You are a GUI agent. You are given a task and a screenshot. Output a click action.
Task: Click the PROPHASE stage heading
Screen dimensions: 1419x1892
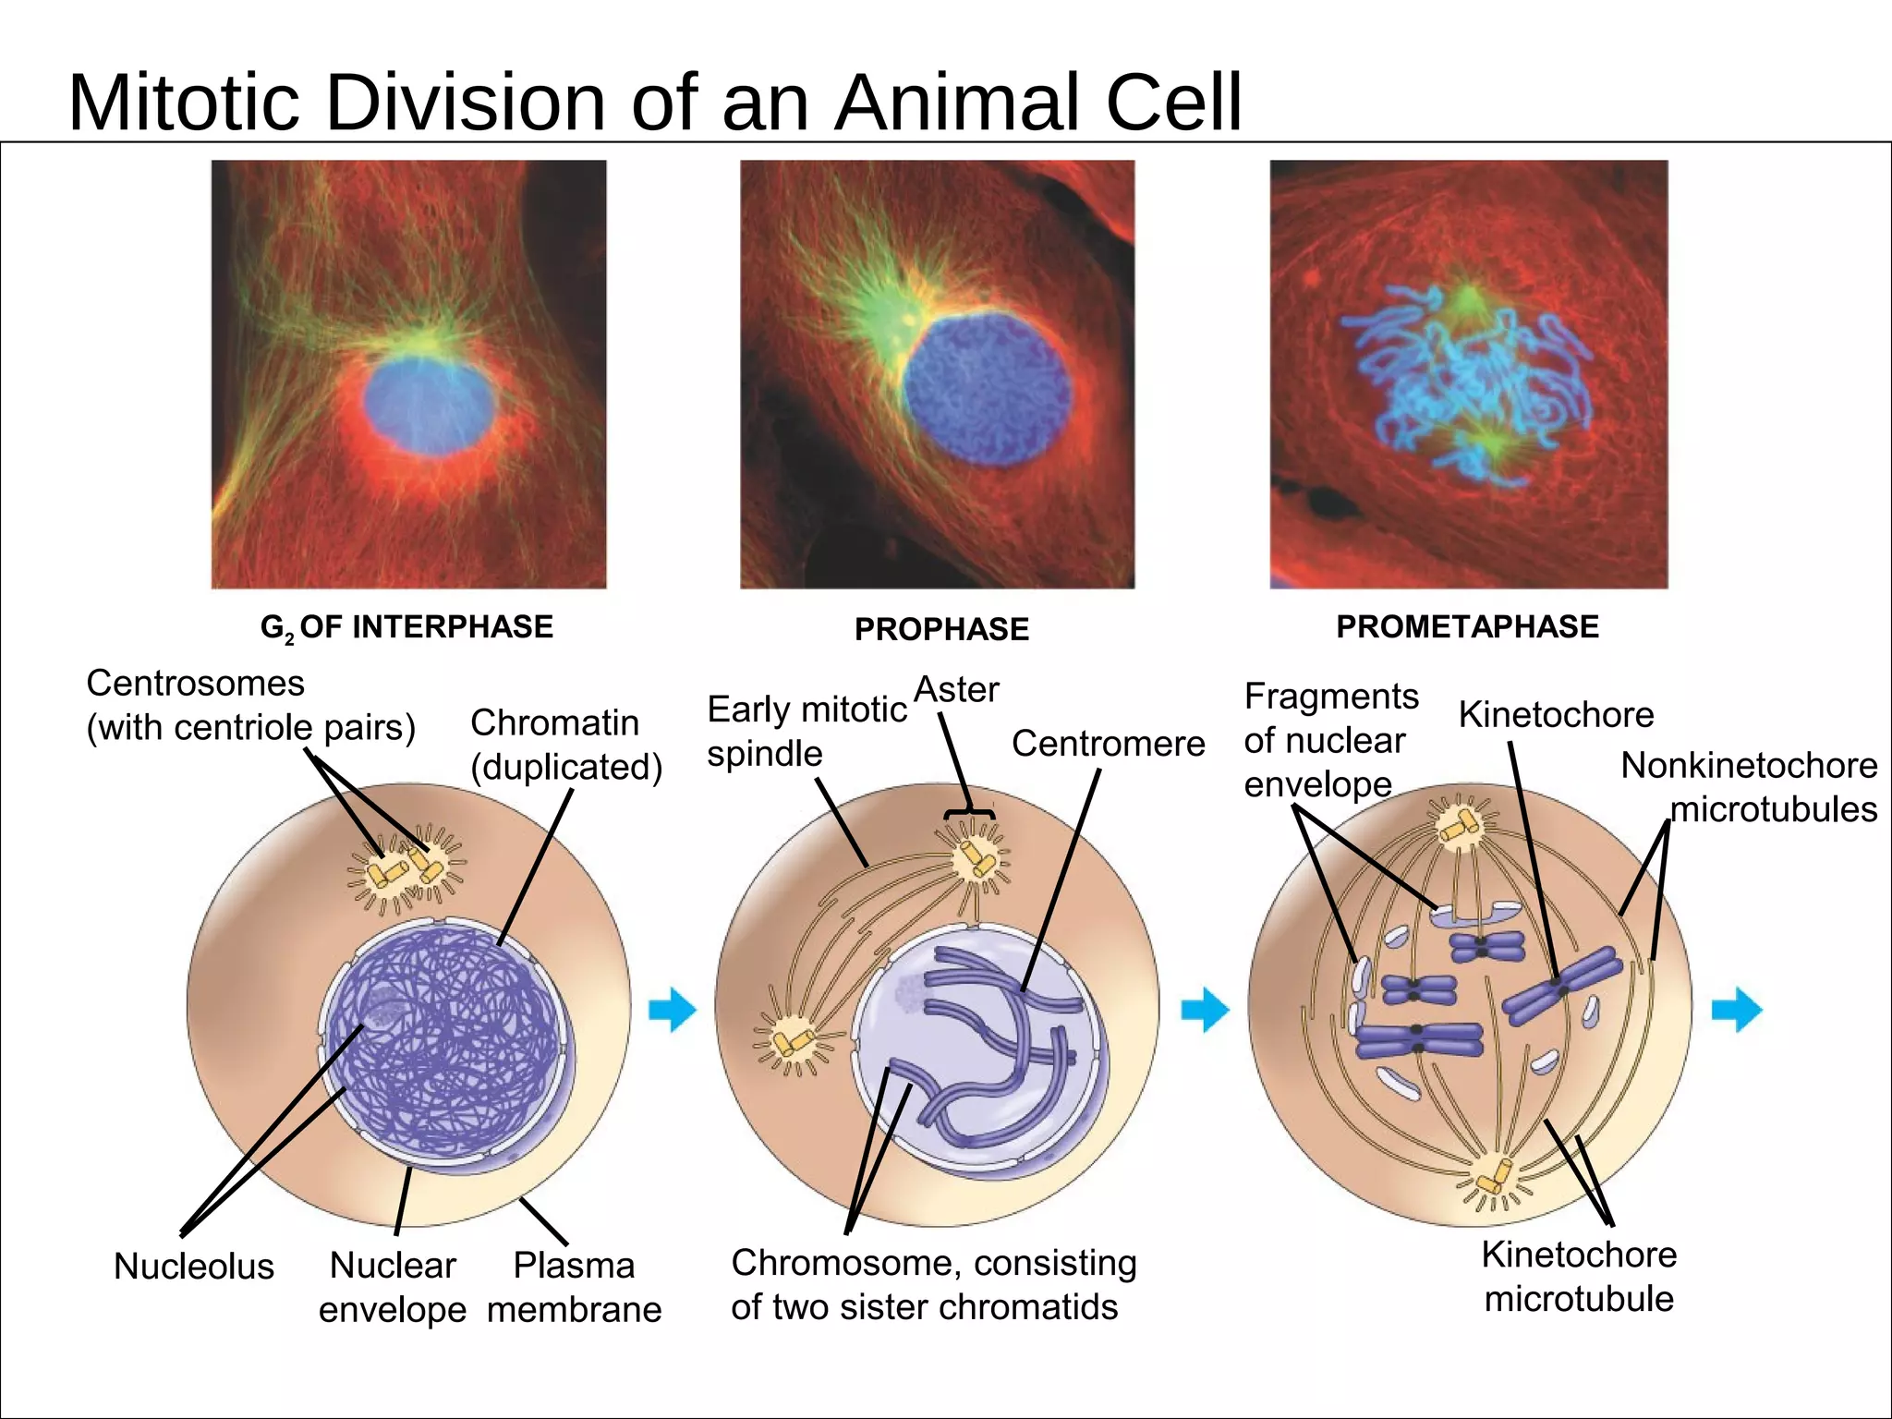coord(941,629)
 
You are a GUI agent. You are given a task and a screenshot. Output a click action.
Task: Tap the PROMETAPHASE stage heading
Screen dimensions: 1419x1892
coord(1467,626)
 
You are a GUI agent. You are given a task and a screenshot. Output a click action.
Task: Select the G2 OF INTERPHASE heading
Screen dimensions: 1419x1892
coord(406,627)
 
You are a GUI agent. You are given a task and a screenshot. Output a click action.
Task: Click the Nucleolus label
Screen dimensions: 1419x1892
coord(194,1266)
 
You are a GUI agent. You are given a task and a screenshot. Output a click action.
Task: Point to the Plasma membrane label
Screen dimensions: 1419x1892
coord(574,1287)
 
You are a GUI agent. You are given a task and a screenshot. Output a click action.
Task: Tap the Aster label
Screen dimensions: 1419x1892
coord(956,690)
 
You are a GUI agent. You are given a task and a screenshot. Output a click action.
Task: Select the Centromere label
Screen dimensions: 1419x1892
coord(1108,744)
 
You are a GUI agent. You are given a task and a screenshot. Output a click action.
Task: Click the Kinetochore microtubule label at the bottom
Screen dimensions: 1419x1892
coord(1579,1277)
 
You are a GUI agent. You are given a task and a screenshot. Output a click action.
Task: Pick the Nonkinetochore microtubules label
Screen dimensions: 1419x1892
coord(1749,787)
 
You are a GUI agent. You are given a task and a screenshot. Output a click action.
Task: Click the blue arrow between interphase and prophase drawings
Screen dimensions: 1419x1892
coord(672,1010)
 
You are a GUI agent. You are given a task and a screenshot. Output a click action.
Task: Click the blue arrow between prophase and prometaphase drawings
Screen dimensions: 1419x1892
coord(1205,1010)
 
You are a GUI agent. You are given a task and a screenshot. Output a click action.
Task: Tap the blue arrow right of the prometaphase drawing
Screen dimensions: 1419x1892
coord(1737,1010)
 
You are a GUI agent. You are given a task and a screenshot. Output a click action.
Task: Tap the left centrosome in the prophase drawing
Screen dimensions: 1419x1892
coord(793,1042)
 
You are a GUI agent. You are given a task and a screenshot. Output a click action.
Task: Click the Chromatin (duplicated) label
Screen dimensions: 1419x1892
coord(565,745)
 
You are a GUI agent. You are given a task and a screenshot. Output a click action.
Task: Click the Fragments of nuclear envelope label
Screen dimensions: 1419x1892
coord(1330,740)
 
